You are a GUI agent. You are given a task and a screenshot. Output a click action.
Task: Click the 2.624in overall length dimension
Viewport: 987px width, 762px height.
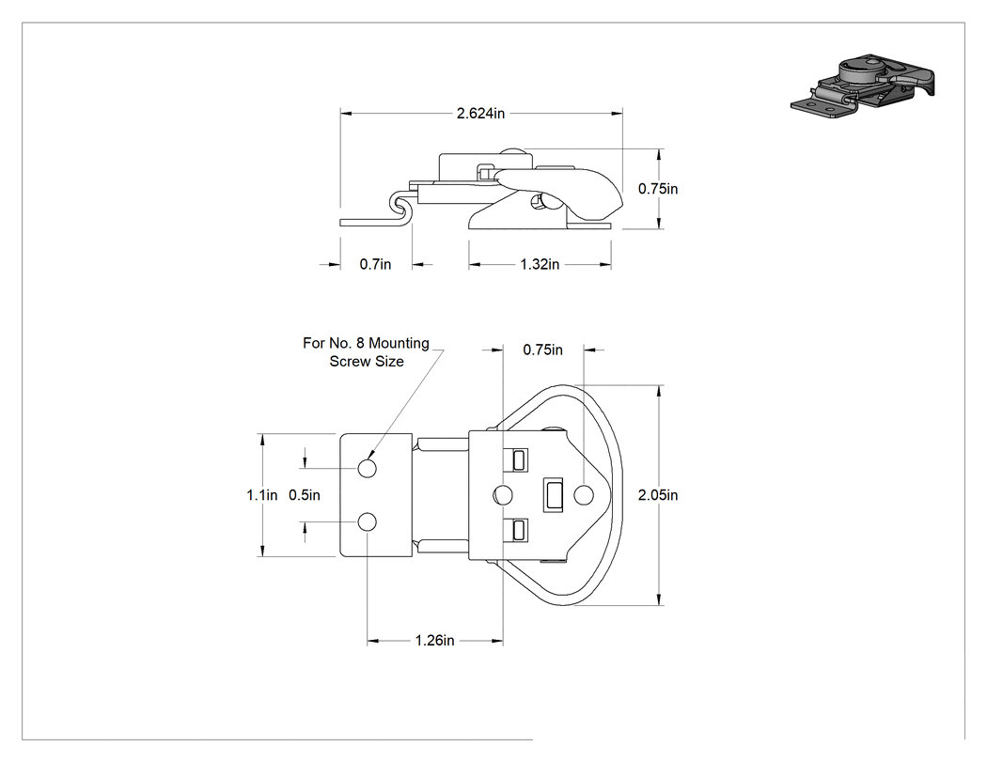(480, 114)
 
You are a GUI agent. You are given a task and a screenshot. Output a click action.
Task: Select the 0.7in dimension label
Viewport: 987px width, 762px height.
(375, 264)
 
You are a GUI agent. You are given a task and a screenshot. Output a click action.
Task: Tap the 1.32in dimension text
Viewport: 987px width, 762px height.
(540, 264)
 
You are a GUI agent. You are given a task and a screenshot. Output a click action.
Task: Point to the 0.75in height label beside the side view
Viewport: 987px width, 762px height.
(658, 189)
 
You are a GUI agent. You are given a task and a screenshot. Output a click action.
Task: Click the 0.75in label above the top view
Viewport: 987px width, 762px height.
(542, 350)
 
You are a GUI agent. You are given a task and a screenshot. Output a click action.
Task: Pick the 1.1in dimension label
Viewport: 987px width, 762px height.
(262, 495)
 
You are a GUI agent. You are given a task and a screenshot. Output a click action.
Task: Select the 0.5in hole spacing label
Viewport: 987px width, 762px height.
(304, 495)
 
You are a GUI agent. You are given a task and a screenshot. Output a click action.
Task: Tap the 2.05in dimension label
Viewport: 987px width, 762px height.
(658, 495)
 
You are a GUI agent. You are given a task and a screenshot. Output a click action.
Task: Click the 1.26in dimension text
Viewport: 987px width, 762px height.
(434, 641)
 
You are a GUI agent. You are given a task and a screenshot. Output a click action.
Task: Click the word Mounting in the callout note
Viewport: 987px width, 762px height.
(399, 344)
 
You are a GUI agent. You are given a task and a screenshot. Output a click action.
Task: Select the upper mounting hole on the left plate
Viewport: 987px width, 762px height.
(367, 468)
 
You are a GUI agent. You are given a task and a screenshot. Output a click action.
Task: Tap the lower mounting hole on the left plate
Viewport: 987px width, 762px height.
(367, 522)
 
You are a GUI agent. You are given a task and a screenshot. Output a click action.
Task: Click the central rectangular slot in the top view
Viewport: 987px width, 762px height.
(554, 494)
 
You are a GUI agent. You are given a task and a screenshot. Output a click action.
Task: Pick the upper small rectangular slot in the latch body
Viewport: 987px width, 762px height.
(519, 460)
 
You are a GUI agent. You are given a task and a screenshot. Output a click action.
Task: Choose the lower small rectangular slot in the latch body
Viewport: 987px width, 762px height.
(519, 530)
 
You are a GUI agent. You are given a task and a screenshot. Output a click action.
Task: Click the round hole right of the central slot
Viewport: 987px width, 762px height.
(584, 495)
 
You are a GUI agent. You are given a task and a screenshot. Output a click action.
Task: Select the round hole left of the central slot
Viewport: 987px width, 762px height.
(503, 495)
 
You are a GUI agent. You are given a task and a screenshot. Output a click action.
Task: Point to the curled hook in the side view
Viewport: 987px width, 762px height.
(400, 206)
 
